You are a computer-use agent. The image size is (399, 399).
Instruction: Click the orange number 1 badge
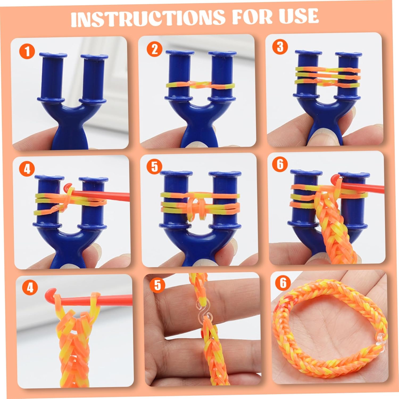click(x=27, y=51)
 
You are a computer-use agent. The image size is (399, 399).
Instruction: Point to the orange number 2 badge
click(x=155, y=49)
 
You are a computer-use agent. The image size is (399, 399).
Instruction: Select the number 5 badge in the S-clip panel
click(x=157, y=285)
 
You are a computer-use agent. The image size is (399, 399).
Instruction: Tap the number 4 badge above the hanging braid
click(x=30, y=288)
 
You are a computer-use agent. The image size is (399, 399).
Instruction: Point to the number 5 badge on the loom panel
click(x=155, y=167)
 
